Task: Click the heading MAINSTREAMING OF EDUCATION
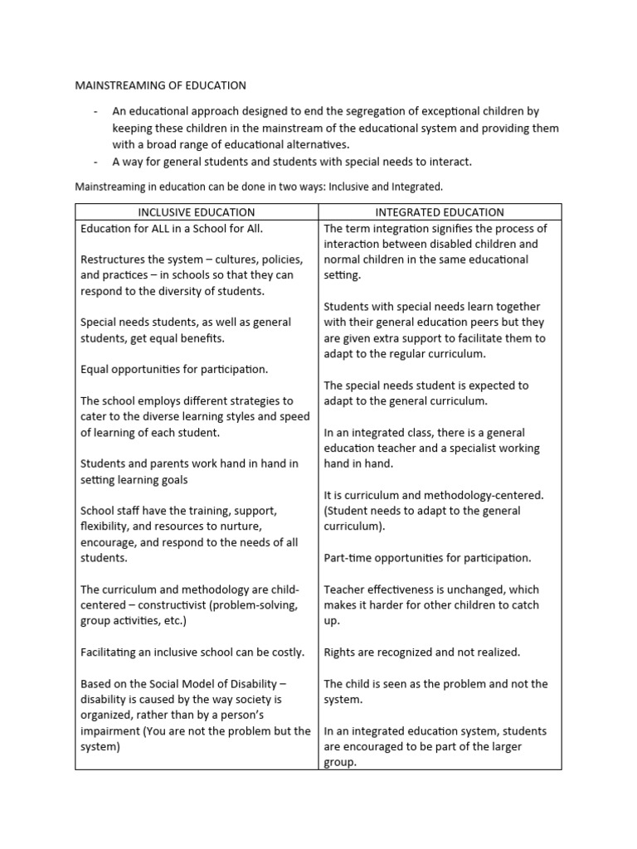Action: (x=161, y=85)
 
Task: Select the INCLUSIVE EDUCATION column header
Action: (x=197, y=212)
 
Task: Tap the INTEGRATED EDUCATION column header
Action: (x=440, y=212)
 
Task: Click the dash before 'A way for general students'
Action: (x=96, y=161)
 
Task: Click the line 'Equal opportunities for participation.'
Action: (x=174, y=370)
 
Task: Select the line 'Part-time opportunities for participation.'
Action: (x=428, y=558)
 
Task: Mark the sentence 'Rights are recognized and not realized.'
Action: (x=422, y=653)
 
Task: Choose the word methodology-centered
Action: (x=481, y=496)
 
